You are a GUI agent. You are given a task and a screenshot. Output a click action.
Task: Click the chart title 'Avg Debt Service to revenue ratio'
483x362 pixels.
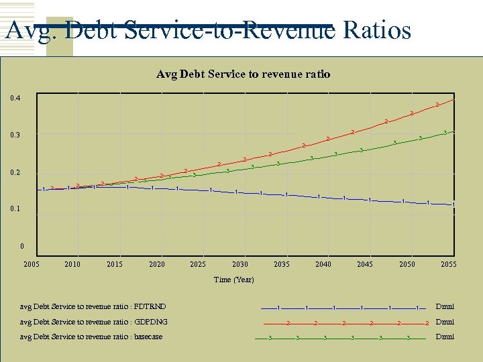pyautogui.click(x=243, y=74)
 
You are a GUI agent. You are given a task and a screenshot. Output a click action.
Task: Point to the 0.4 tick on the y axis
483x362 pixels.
pyautogui.click(x=15, y=99)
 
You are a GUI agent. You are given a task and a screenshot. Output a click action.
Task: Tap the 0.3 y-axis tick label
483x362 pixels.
pyautogui.click(x=15, y=135)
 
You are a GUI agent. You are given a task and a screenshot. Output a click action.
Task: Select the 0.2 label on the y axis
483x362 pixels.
pyautogui.click(x=15, y=173)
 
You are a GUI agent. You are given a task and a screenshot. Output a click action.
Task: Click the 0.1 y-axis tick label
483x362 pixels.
pyautogui.click(x=15, y=209)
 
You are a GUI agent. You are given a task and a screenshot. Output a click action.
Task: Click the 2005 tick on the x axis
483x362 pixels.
pyautogui.click(x=32, y=264)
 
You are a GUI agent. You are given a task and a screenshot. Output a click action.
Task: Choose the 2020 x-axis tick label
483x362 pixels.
pyautogui.click(x=156, y=264)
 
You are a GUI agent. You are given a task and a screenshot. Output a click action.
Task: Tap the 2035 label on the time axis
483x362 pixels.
pyautogui.click(x=281, y=264)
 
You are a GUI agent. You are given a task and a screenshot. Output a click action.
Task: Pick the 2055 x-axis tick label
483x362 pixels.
pyautogui.click(x=448, y=264)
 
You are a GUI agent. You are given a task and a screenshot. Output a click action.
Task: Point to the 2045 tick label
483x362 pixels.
pyautogui.click(x=365, y=264)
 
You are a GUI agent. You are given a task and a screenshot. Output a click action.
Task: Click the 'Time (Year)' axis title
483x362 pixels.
pyautogui.click(x=233, y=280)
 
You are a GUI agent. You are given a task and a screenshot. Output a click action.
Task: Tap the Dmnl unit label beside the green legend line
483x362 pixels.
pyautogui.click(x=444, y=337)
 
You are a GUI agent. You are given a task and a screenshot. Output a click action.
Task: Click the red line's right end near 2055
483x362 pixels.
pyautogui.click(x=455, y=99)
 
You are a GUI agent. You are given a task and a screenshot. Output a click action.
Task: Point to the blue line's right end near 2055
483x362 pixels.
pyautogui.click(x=454, y=204)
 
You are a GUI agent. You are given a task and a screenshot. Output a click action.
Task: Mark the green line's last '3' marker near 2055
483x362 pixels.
pyautogui.click(x=445, y=133)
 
